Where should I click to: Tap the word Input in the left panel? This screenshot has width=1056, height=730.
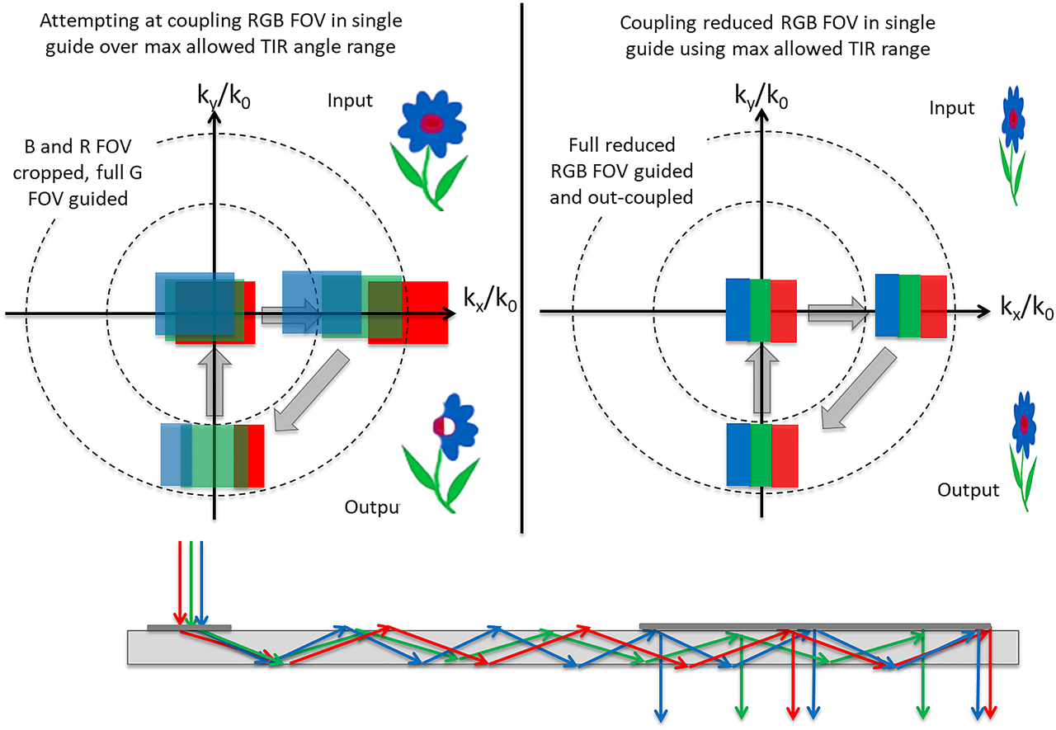tap(350, 101)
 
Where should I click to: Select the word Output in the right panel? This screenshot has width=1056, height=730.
tap(969, 490)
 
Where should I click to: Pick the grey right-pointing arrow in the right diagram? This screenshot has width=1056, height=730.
tap(836, 313)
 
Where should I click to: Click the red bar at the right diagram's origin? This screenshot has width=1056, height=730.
tap(784, 310)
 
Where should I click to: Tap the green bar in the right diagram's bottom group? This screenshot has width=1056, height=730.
tap(761, 454)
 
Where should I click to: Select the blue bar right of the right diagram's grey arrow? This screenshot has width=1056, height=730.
tap(887, 306)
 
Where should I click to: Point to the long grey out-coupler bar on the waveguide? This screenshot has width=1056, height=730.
tap(814, 625)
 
